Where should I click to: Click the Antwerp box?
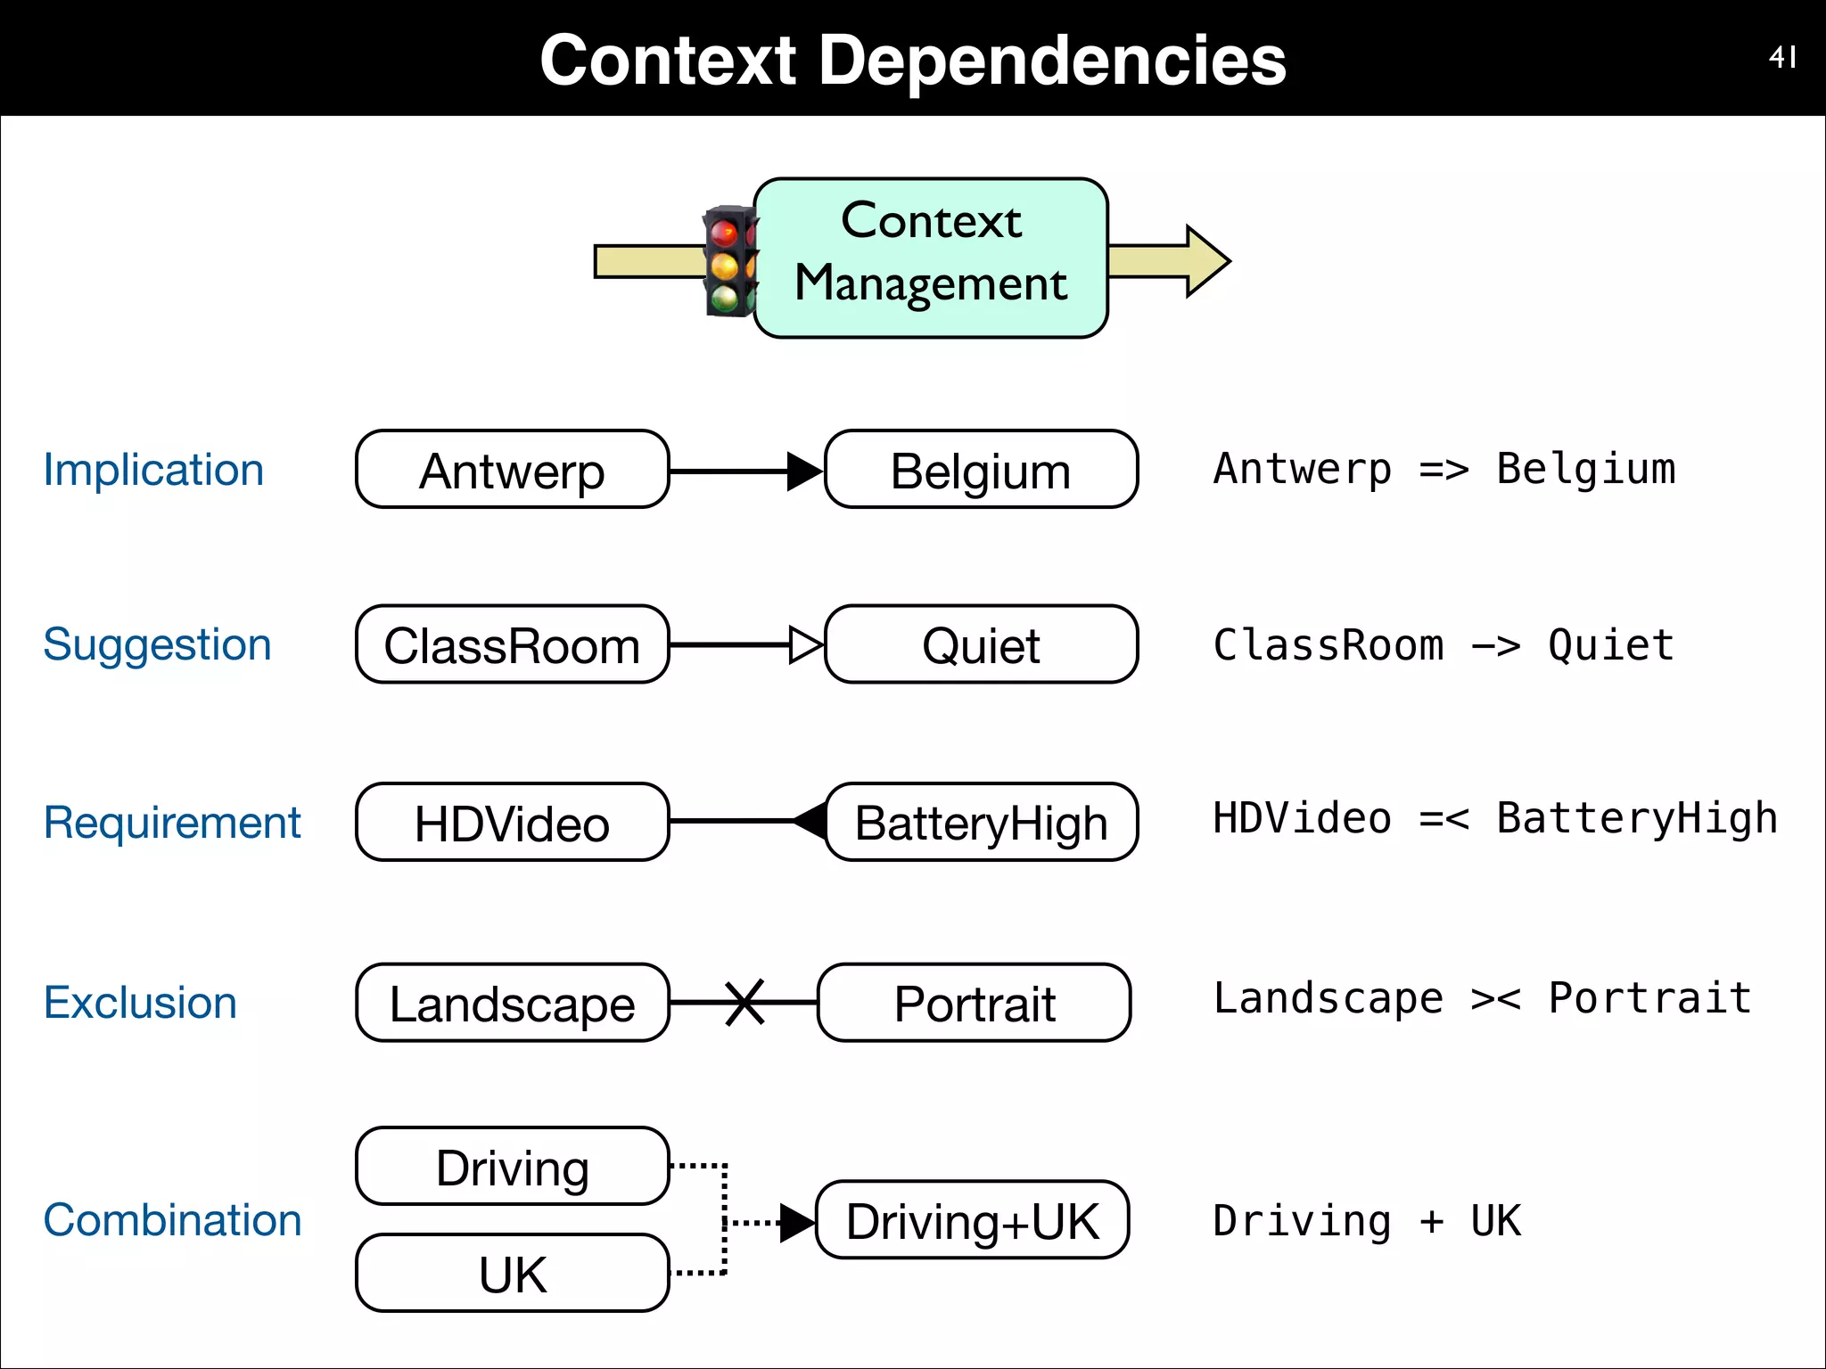512,470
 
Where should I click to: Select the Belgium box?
981,470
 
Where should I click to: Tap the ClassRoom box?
512,644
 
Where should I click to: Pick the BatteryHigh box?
981,822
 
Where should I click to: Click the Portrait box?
974,1003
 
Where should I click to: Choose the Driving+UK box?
972,1220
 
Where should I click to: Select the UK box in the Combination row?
512,1274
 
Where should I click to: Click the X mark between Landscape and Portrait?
744,1003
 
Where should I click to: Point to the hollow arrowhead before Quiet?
804,644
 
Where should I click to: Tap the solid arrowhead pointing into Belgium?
804,471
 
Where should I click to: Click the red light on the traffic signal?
723,234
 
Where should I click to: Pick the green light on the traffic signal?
724,297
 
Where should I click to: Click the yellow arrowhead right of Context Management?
1205,261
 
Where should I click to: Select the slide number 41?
1781,58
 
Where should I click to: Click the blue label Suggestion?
157,644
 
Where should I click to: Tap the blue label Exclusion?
140,1003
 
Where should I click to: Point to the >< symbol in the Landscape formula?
1495,999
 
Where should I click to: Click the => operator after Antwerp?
1444,470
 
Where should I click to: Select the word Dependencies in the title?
1052,61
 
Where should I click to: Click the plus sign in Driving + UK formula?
1431,1221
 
